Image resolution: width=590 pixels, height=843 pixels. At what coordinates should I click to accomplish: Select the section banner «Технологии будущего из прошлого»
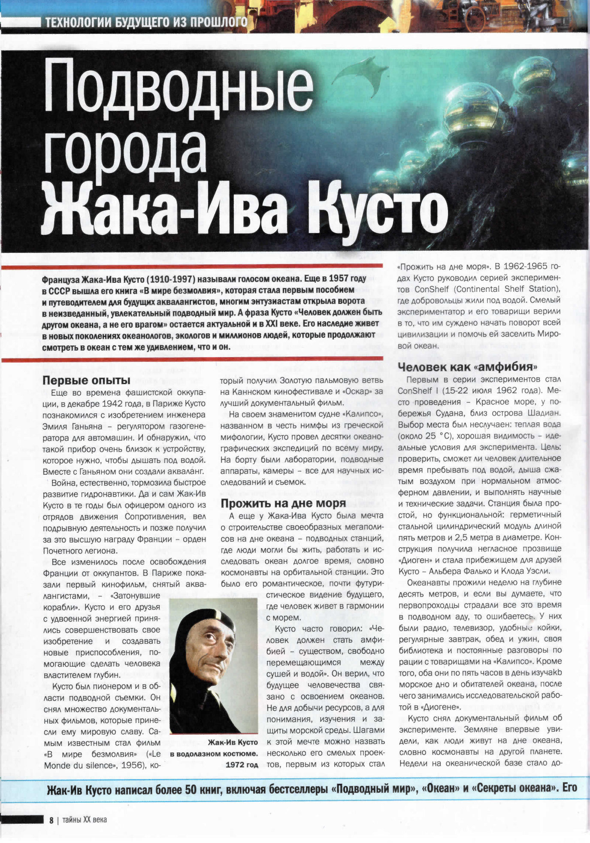click(146, 21)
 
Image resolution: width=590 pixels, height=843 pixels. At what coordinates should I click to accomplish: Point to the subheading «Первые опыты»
click(86, 380)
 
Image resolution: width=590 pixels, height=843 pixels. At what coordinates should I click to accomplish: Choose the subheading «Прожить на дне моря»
click(283, 503)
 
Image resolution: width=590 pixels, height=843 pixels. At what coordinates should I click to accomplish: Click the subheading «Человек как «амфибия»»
click(468, 367)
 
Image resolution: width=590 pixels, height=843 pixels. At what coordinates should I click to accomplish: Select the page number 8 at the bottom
click(51, 820)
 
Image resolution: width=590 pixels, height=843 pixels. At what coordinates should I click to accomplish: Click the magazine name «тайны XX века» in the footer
click(85, 820)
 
